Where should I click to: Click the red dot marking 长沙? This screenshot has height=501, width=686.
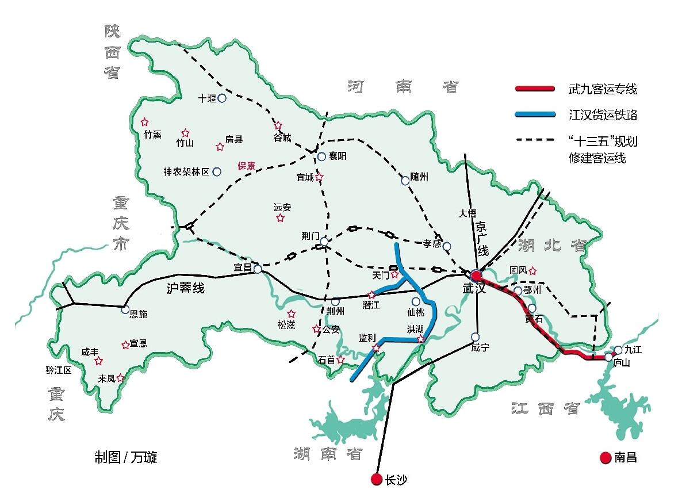point(376,479)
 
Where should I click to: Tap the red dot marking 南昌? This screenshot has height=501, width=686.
point(605,458)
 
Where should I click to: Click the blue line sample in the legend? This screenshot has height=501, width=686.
point(535,115)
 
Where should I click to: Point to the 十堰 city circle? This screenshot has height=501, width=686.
point(222,98)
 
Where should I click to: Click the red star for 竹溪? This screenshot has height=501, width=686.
point(144,122)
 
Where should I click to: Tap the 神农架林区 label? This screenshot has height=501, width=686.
point(186,171)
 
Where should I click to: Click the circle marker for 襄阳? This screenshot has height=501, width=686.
point(322,156)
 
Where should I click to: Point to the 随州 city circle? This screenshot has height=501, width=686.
point(405,180)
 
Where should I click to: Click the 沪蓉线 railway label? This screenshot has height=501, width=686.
point(185,288)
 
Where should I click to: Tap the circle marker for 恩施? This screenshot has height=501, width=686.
point(125,309)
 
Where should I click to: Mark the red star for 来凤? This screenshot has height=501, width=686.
point(120,378)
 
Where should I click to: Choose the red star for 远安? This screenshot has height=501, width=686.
point(280,218)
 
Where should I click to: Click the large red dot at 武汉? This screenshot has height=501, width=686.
point(476,276)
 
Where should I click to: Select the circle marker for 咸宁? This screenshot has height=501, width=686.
point(475,336)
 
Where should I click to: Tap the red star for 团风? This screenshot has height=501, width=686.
point(532,270)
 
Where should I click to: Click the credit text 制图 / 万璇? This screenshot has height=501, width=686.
point(126,458)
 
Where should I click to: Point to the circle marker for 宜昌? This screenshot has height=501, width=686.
point(258,269)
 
